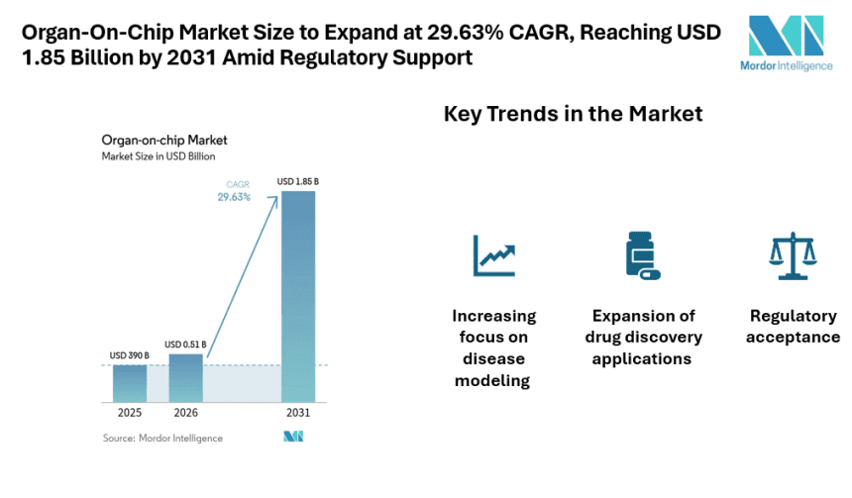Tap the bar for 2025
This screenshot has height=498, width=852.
130,382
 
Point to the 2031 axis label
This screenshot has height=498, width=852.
298,412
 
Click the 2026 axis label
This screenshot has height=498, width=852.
185,412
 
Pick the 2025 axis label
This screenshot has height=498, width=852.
130,412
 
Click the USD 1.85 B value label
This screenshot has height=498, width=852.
298,181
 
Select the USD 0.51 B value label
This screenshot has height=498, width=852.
185,345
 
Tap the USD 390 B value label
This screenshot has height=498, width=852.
130,354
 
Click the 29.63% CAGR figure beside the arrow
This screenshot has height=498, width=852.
234,197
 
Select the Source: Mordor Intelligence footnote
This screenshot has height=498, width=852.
162,438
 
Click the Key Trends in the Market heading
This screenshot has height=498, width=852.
573,114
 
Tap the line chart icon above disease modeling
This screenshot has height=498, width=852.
494,255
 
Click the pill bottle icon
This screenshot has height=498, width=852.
641,254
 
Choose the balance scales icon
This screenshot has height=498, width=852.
793,255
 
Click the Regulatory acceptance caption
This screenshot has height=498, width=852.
795,327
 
